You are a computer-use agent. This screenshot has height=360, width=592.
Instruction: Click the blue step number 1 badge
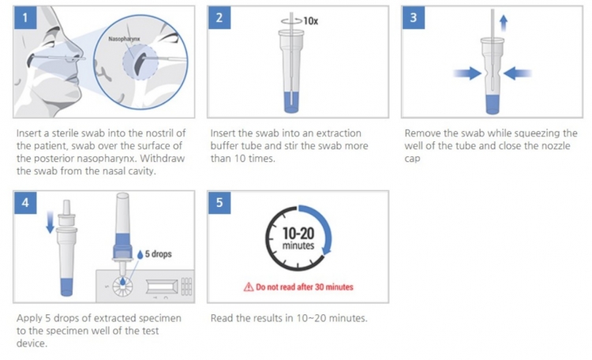[x=25, y=17]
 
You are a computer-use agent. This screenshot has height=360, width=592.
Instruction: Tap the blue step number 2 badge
[x=219, y=17]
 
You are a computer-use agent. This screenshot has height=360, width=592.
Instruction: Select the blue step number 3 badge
[x=414, y=17]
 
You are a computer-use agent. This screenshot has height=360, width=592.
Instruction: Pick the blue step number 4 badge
[x=25, y=202]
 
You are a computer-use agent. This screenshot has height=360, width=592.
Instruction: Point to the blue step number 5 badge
[x=219, y=202]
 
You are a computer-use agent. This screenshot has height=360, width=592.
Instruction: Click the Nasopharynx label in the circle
[x=124, y=39]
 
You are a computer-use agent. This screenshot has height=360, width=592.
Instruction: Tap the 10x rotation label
[x=311, y=21]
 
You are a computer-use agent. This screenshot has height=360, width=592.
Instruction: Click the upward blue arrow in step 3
[x=504, y=23]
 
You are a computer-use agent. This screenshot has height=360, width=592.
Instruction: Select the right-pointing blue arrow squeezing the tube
[x=467, y=73]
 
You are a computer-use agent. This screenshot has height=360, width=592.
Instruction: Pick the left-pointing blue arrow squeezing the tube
[x=518, y=73]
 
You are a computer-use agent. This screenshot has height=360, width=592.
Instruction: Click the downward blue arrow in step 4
[x=50, y=223]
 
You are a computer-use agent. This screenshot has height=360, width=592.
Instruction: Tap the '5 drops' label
[x=158, y=254]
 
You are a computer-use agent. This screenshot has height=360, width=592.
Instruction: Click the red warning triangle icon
[x=249, y=287]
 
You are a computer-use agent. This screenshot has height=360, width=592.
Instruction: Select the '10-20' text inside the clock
[x=298, y=234]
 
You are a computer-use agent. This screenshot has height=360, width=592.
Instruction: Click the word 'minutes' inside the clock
[x=298, y=246]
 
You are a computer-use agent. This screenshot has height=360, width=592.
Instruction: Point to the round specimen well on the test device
[x=122, y=286]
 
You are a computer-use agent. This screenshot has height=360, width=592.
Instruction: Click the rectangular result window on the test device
[x=162, y=287]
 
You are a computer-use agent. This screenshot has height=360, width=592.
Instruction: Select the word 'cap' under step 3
[x=412, y=159]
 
